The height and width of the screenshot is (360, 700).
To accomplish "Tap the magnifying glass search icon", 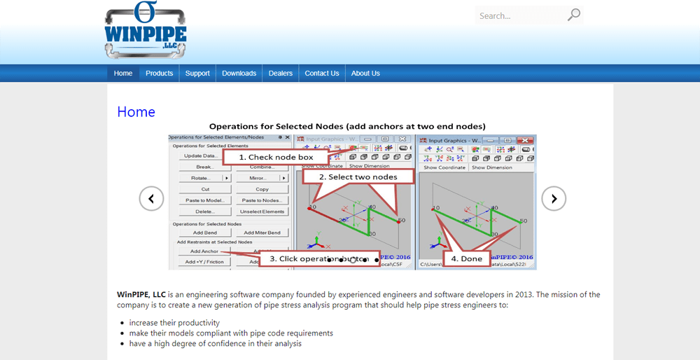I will point(574,15).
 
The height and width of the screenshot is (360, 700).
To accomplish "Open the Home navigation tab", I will point(123,74).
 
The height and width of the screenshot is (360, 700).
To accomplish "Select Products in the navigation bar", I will point(160,74).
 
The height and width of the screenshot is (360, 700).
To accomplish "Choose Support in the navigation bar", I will point(197,74).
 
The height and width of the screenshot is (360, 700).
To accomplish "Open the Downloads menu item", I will point(239,74).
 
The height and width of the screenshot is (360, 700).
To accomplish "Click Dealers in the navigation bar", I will point(281,74).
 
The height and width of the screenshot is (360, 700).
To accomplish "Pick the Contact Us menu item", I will point(322,74).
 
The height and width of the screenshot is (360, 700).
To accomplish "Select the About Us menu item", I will point(365,74).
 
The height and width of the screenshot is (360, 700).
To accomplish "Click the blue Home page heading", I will point(136,112).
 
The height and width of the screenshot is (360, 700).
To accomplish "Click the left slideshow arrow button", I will point(151,199).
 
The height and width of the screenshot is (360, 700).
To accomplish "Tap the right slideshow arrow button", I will point(554,199).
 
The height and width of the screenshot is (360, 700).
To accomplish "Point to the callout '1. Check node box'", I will point(276,158).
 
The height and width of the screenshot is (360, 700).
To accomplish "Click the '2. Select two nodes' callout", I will point(358,177).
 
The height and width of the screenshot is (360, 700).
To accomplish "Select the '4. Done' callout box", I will point(471,258).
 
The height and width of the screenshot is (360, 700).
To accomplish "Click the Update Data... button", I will point(199,156).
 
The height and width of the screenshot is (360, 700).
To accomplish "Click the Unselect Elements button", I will point(262,212).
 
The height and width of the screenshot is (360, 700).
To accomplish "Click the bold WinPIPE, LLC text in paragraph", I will point(141,295).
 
